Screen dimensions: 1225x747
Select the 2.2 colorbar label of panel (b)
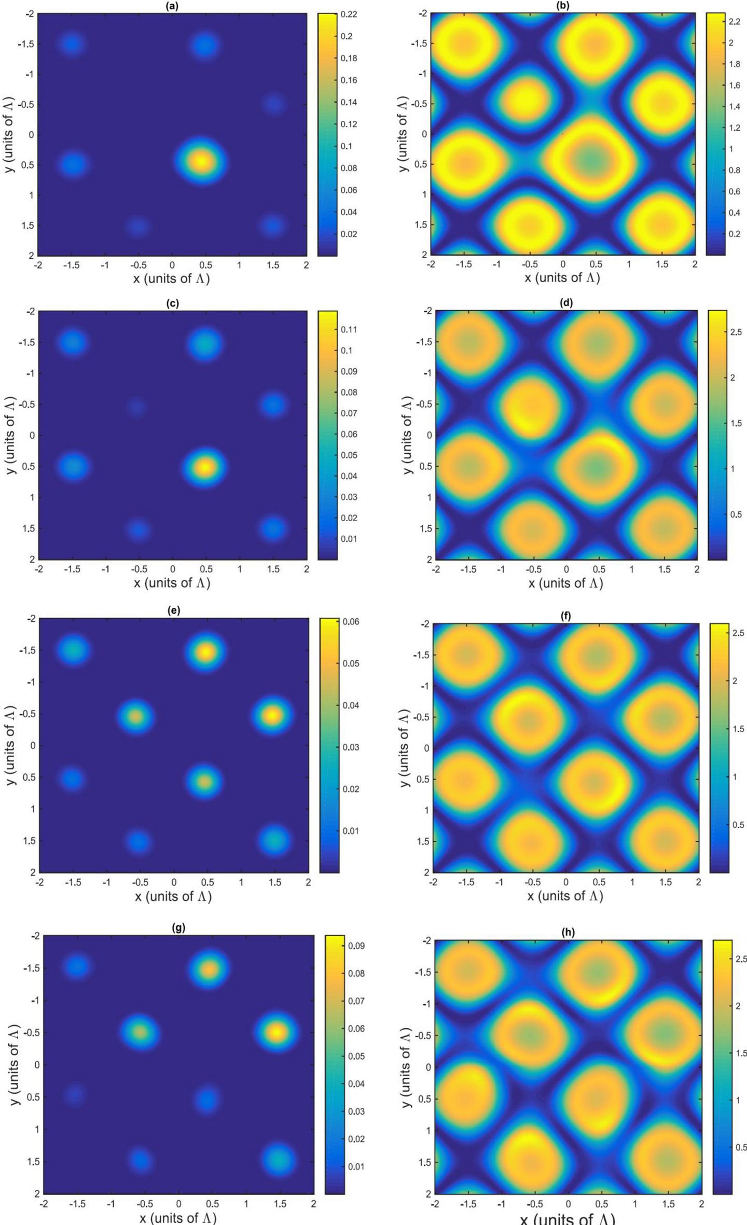735,22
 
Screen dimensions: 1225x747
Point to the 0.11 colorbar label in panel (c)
350,329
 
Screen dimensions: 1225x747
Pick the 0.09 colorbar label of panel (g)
357,945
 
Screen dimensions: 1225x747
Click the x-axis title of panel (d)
565,583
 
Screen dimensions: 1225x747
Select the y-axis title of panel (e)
11,745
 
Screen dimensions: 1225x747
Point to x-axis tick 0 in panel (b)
563,264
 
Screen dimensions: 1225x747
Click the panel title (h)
568,931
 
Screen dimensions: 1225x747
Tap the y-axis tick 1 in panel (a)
31,195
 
